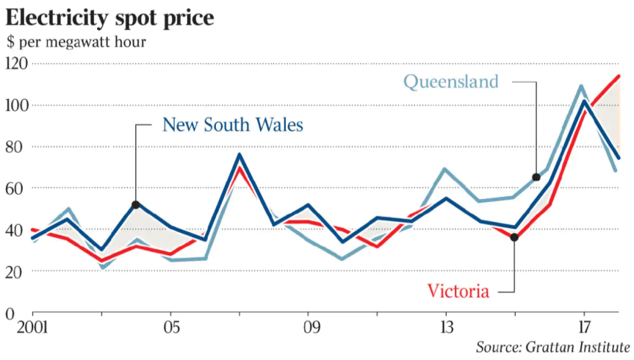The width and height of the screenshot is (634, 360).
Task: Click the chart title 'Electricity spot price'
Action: [110, 17]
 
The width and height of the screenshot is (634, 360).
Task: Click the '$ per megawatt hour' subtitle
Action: [76, 41]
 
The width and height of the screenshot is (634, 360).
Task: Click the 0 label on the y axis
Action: [9, 314]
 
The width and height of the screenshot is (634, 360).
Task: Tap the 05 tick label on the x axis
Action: [171, 326]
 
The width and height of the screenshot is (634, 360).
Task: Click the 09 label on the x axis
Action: [309, 326]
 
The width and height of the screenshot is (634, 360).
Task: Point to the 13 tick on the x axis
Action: [446, 326]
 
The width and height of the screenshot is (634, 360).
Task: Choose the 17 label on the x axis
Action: [583, 326]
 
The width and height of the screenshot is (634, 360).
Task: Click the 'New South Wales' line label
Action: [232, 125]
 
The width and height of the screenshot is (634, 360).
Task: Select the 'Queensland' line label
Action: [451, 82]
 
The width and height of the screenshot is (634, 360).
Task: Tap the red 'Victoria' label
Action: [458, 292]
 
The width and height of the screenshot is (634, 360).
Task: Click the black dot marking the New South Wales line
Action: [136, 204]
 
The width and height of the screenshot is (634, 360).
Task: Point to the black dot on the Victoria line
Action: [514, 237]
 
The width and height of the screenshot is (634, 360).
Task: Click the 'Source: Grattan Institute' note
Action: [552, 346]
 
